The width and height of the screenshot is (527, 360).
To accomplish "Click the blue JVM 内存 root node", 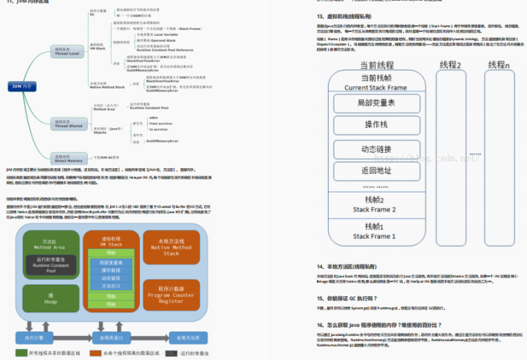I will [x=23, y=86].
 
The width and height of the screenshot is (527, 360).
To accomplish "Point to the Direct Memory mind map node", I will [x=68, y=157].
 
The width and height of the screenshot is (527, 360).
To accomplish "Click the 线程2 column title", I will [x=449, y=66].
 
